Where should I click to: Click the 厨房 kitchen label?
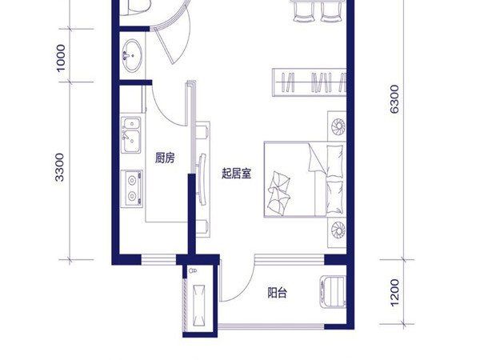tap(165, 158)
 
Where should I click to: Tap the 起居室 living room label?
tap(236, 174)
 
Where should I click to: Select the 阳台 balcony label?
tap(278, 293)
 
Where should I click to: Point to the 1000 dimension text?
tap(61, 58)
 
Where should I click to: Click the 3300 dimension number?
tap(60, 167)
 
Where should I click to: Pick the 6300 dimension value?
tap(394, 99)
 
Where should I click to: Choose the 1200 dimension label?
tap(394, 292)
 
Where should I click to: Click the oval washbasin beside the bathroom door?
tap(132, 56)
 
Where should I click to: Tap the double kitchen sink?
tap(131, 135)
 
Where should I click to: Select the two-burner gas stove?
tap(132, 188)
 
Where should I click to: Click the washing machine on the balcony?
tap(333, 292)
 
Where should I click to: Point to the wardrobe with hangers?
tap(309, 82)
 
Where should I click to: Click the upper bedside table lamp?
tap(338, 126)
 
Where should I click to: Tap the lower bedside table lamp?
tap(338, 230)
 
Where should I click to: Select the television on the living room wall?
tap(202, 179)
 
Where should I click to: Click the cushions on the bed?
tap(279, 194)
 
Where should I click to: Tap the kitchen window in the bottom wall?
tap(158, 260)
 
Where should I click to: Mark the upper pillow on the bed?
tap(334, 162)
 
